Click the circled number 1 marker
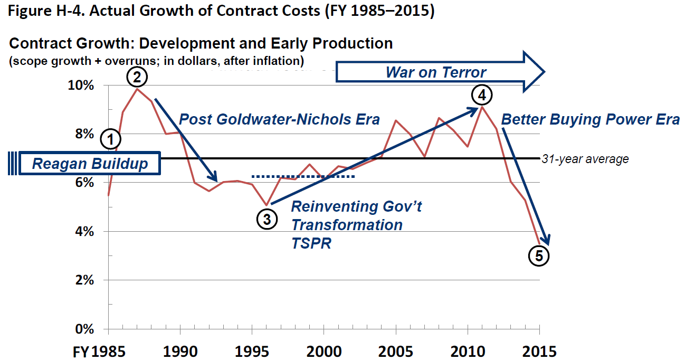tap(110, 140)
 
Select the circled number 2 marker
tap(137, 78)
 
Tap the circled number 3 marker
tap(267, 219)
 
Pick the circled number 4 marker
tap(481, 96)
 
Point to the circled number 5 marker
tap(538, 256)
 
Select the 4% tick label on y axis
tap(84, 231)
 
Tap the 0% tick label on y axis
tap(84, 329)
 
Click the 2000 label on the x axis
tap(324, 350)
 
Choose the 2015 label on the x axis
tap(538, 350)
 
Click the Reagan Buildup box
tap(90, 164)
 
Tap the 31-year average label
tap(585, 159)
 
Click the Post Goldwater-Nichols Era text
tap(279, 119)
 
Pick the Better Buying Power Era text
tap(590, 119)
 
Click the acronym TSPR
tap(311, 243)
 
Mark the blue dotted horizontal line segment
tap(303, 176)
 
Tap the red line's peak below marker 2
tap(137, 89)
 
